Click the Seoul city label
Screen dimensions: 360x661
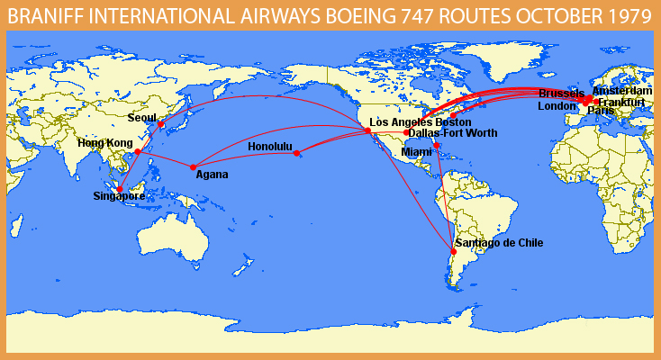(x=141, y=117)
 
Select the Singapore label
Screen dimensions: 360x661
(x=119, y=196)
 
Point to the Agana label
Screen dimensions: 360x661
(x=212, y=175)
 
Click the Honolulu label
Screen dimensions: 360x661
(x=270, y=147)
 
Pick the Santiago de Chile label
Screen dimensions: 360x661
(x=499, y=242)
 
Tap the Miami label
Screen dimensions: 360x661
(x=416, y=152)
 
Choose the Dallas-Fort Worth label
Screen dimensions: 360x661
(x=452, y=133)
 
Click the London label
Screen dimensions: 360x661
(x=557, y=105)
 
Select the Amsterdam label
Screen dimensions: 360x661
(x=621, y=91)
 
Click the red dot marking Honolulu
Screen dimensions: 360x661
(x=297, y=153)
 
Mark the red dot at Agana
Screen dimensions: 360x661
(x=193, y=166)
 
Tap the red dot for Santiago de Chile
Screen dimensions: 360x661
(x=453, y=251)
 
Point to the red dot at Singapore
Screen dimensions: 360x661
(x=120, y=189)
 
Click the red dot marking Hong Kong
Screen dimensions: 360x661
(x=138, y=152)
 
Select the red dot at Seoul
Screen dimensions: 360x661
(x=161, y=124)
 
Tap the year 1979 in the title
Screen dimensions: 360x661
(x=625, y=15)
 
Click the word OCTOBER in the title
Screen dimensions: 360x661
(x=545, y=15)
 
